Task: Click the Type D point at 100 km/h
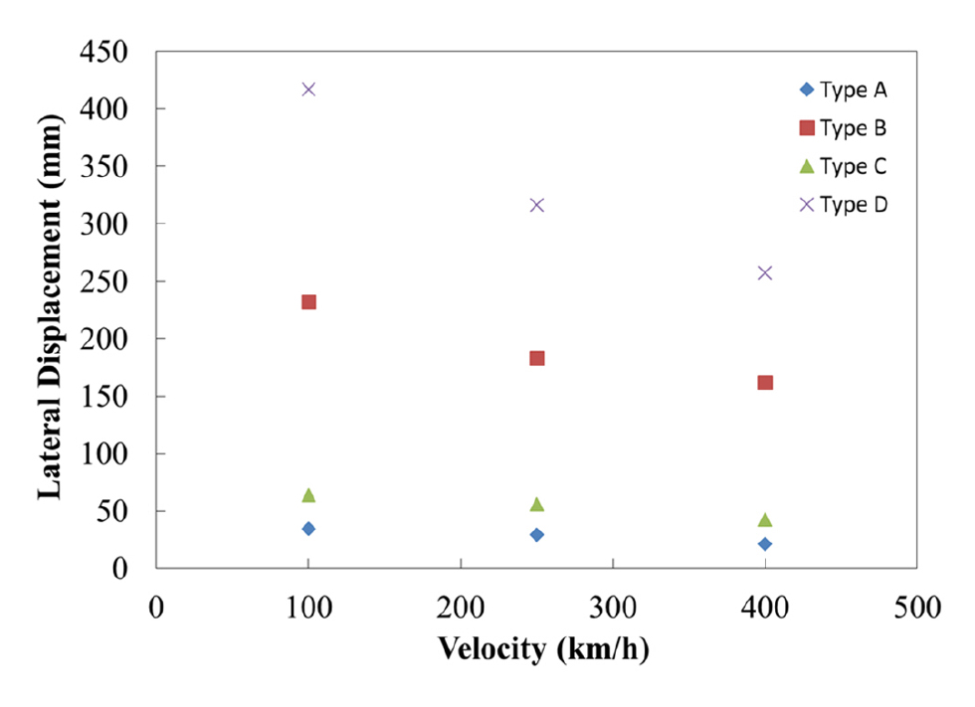(x=308, y=89)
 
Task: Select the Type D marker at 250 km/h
(x=537, y=205)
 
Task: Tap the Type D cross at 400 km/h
(x=765, y=272)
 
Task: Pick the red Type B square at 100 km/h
(x=308, y=301)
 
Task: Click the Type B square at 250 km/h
(x=537, y=358)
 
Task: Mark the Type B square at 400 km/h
(x=765, y=382)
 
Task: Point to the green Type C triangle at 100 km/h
(x=308, y=495)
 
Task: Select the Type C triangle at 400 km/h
(x=765, y=520)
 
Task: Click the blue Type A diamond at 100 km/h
(x=308, y=528)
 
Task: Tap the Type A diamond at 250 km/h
(x=537, y=534)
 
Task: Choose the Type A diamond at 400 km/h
(x=765, y=544)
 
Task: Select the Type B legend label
(x=853, y=128)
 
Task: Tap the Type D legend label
(x=853, y=204)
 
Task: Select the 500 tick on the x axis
(x=916, y=607)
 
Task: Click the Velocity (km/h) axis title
(x=543, y=649)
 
